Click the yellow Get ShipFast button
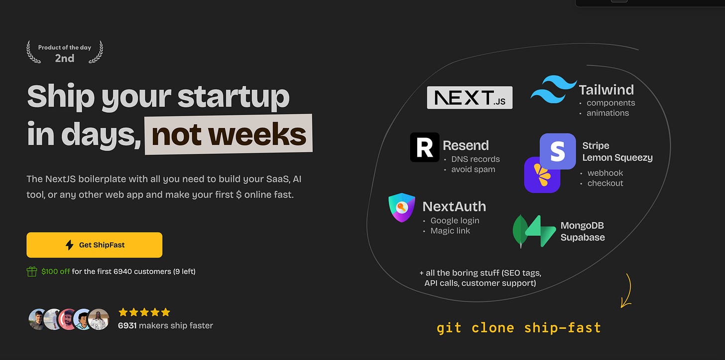(x=94, y=245)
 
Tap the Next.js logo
(x=470, y=98)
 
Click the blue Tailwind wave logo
(x=553, y=89)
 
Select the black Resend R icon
(x=425, y=147)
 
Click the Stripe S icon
(x=558, y=151)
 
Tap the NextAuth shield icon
(x=402, y=208)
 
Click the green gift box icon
(x=32, y=272)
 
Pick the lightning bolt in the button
(x=69, y=245)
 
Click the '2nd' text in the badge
(x=65, y=58)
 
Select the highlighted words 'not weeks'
(x=229, y=134)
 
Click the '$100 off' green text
(x=56, y=271)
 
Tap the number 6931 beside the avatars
(x=127, y=325)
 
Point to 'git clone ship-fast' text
(x=519, y=328)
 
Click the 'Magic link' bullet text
(x=450, y=231)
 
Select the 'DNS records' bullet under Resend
(x=476, y=159)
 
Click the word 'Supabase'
(x=583, y=238)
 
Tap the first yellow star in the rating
(x=123, y=312)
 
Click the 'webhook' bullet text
(x=605, y=173)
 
